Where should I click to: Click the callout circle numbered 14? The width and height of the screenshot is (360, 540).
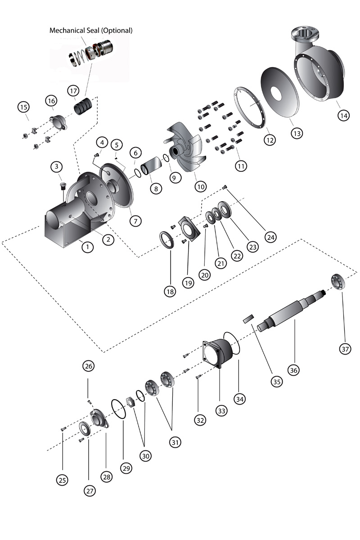click(343, 115)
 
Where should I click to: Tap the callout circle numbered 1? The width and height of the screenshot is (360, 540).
click(87, 247)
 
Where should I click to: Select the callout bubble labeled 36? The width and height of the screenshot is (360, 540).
click(293, 370)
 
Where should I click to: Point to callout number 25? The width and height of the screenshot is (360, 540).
click(62, 480)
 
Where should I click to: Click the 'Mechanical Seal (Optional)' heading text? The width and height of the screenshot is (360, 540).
click(91, 31)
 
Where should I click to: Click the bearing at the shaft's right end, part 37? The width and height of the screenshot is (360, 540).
click(337, 281)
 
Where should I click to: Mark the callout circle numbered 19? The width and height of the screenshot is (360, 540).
click(188, 282)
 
